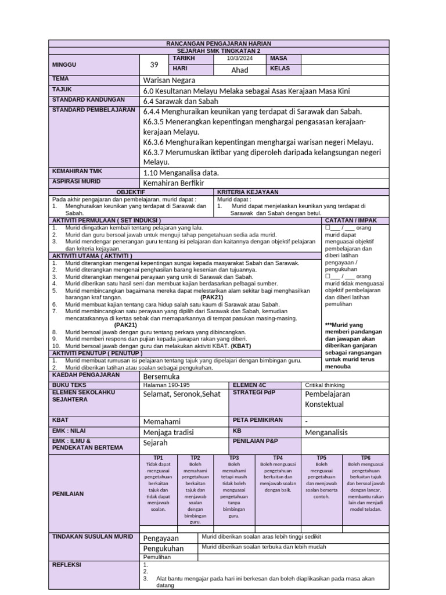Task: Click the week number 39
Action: (x=154, y=64)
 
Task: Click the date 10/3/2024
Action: (x=240, y=59)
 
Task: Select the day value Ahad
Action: (x=240, y=70)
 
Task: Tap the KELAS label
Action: (x=280, y=69)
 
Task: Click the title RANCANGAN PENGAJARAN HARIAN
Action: (x=218, y=44)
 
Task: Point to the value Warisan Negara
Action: (x=169, y=80)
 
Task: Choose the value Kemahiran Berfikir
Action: (x=175, y=183)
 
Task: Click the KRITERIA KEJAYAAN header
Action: (x=248, y=192)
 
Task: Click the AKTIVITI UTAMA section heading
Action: (x=92, y=256)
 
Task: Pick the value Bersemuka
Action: (x=162, y=377)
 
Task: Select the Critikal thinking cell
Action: (x=325, y=385)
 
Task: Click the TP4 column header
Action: (x=278, y=458)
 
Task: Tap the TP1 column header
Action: (x=159, y=458)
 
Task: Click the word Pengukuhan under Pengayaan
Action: (x=163, y=548)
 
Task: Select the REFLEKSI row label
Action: (x=67, y=564)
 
